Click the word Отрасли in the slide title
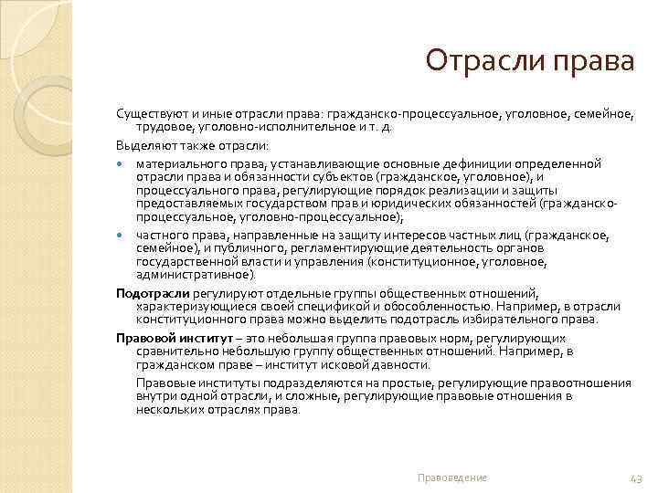tap(481, 62)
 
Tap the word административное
tap(196, 275)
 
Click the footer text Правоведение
tap(451, 477)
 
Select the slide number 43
tap(637, 477)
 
